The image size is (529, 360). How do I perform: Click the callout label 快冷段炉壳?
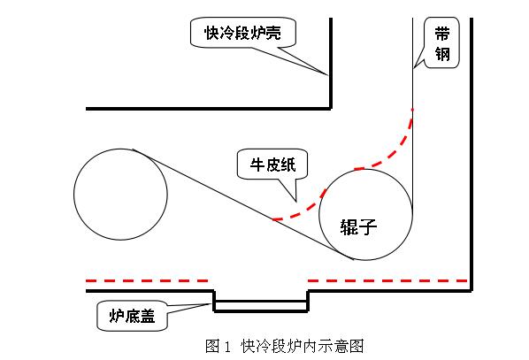pyautogui.click(x=243, y=33)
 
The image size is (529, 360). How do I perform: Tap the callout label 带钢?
pyautogui.click(x=442, y=43)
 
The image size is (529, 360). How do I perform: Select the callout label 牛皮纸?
pyautogui.click(x=272, y=165)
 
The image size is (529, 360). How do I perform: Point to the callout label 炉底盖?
pyautogui.click(x=132, y=316)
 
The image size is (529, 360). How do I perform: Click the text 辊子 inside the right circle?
pyautogui.click(x=358, y=226)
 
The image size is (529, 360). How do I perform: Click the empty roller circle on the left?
pyautogui.click(x=120, y=195)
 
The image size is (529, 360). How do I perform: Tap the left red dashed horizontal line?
pyautogui.click(x=147, y=280)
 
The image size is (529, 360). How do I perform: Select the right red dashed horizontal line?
pyautogui.click(x=387, y=280)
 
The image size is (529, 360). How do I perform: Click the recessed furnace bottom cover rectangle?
pyautogui.click(x=261, y=305)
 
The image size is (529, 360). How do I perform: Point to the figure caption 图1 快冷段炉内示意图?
pyautogui.click(x=285, y=346)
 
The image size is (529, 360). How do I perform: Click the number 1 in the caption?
pyautogui.click(x=227, y=347)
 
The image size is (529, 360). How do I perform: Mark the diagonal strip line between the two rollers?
pyautogui.click(x=243, y=204)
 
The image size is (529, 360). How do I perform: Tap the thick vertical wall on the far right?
pyautogui.click(x=471, y=154)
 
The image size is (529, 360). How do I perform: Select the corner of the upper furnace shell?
pyautogui.click(x=331, y=109)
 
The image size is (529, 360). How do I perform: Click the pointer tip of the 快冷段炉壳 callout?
pyautogui.click(x=327, y=74)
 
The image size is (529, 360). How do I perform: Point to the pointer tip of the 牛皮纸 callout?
pyautogui.click(x=296, y=202)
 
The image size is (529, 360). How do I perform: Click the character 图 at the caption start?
pyautogui.click(x=212, y=346)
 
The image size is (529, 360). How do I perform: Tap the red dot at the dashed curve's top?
pyautogui.click(x=412, y=110)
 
